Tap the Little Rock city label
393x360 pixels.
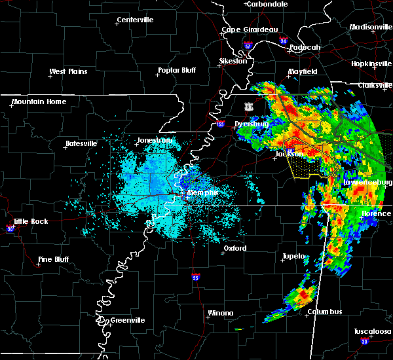[x=31, y=221]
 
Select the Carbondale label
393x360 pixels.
[x=269, y=4]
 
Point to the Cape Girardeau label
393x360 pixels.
[x=250, y=29]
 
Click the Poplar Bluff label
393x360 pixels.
[x=177, y=71]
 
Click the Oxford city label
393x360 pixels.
[x=234, y=249]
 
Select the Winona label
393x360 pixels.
[x=220, y=313]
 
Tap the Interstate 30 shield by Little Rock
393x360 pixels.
[x=10, y=228]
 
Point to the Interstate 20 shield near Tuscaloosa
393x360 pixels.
[x=364, y=342]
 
